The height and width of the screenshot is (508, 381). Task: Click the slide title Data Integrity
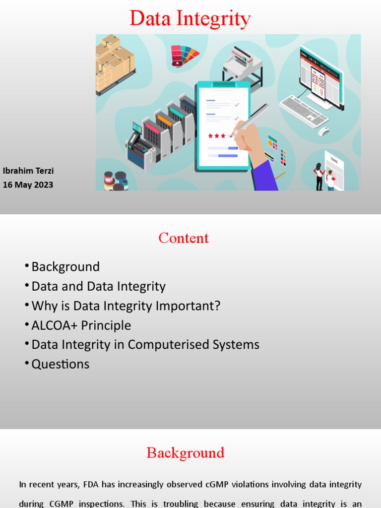coord(190,19)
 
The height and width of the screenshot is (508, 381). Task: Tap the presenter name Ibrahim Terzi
coord(28,171)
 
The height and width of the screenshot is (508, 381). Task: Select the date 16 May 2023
coord(28,185)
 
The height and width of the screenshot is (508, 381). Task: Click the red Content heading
coord(184,238)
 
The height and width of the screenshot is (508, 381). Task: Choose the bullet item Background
coord(65,267)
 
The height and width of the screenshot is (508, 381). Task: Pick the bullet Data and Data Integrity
coord(98,286)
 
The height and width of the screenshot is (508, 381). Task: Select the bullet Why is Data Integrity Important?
coord(126,306)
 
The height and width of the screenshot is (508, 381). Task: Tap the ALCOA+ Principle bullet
coord(81,325)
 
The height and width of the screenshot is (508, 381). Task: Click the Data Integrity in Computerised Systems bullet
coord(145,344)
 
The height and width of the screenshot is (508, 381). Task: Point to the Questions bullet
coord(60,364)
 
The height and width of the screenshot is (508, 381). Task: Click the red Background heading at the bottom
coord(185,453)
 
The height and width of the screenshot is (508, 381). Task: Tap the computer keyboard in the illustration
coord(304,111)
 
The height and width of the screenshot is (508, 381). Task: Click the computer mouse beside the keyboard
coord(324,131)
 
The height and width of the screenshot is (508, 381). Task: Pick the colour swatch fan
coord(184,54)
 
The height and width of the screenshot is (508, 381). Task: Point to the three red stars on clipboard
coord(216,135)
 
